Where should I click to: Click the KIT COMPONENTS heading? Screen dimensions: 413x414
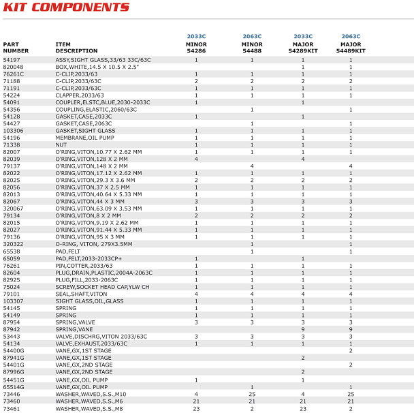66,7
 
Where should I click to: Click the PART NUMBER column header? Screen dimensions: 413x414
16,48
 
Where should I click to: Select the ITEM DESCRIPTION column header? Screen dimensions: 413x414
76,48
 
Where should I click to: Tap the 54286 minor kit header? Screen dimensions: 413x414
196,50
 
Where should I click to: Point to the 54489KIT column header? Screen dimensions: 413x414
351,50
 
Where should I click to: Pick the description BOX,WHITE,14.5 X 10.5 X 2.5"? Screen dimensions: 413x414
97,67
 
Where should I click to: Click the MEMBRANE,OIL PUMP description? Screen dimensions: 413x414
86,138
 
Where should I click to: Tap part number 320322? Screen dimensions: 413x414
13,244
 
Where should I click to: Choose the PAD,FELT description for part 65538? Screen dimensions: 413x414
67,251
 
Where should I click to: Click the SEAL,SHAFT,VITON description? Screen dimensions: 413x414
82,294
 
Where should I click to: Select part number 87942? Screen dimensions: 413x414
12,329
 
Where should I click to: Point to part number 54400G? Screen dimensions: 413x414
14,350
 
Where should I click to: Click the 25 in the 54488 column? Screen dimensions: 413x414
252,394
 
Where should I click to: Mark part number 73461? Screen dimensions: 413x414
12,408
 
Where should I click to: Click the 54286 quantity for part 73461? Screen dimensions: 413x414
196,408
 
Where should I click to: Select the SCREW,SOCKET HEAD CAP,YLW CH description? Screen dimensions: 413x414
102,287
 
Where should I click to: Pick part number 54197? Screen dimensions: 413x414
12,60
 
